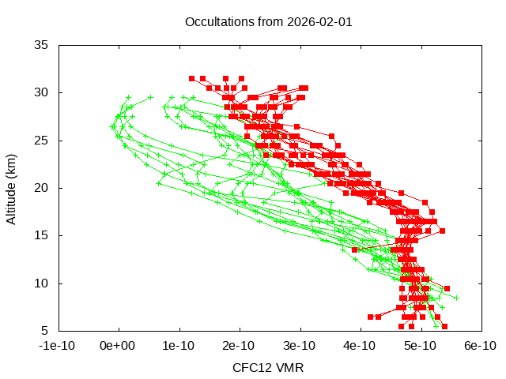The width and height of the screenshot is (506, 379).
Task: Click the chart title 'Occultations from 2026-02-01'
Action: [268, 21]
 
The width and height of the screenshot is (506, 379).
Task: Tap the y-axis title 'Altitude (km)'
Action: [11, 188]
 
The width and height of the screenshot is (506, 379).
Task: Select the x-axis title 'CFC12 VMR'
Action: [268, 368]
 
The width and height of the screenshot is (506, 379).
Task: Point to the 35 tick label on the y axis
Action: [42, 45]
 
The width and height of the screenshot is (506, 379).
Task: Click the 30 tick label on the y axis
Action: [42, 92]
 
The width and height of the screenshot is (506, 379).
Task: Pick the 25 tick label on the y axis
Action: [42, 140]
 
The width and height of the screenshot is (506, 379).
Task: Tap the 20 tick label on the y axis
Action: [42, 188]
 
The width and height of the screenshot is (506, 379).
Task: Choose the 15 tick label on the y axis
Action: [42, 235]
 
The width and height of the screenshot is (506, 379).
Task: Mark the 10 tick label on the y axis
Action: [42, 283]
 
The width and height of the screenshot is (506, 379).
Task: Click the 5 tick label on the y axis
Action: [45, 330]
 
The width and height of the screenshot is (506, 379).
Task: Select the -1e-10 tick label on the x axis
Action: [59, 346]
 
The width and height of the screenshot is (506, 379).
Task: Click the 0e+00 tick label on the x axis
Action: [119, 346]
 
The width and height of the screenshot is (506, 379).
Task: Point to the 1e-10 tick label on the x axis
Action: [179, 346]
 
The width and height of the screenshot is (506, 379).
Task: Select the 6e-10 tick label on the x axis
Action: [480, 346]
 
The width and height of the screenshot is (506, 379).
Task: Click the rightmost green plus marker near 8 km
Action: [456, 298]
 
